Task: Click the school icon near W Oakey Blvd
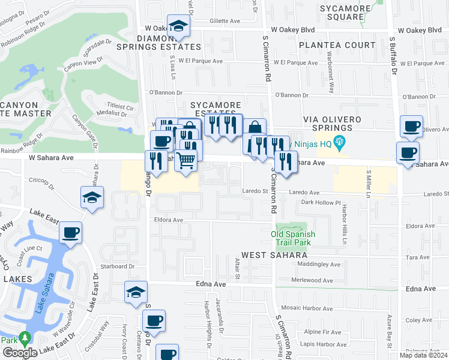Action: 178,26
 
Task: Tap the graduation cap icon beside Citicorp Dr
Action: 92,197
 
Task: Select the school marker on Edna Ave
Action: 136,292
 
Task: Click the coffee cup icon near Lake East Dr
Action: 70,232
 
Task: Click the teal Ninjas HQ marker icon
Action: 340,142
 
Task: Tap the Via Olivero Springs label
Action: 327,124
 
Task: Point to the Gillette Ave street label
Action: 225,20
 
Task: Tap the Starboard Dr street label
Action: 117,266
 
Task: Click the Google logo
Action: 20,353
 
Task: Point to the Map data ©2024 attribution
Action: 423,355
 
